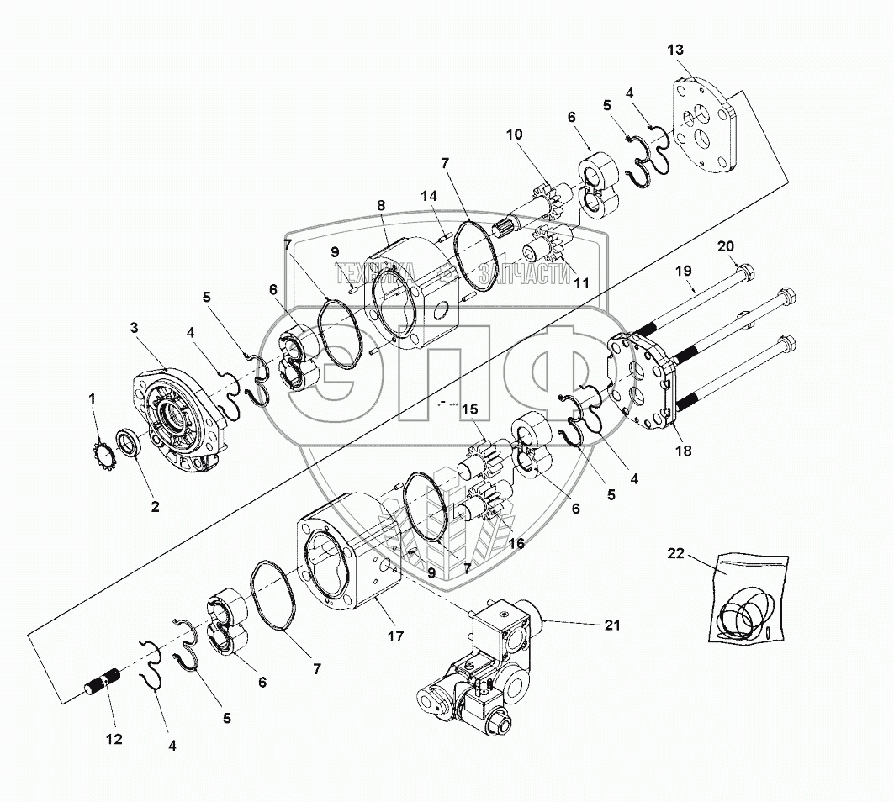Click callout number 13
(x=675, y=51)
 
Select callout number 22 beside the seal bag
(x=676, y=554)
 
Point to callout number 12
(x=114, y=739)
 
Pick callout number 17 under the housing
(x=394, y=636)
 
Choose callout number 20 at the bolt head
(x=725, y=246)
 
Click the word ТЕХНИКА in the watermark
(x=376, y=272)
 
